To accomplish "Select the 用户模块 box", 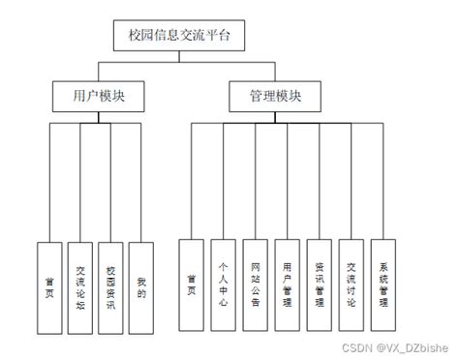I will click(x=98, y=97).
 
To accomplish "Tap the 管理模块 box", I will click(x=274, y=97).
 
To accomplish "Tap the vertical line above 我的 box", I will click(x=141, y=184).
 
